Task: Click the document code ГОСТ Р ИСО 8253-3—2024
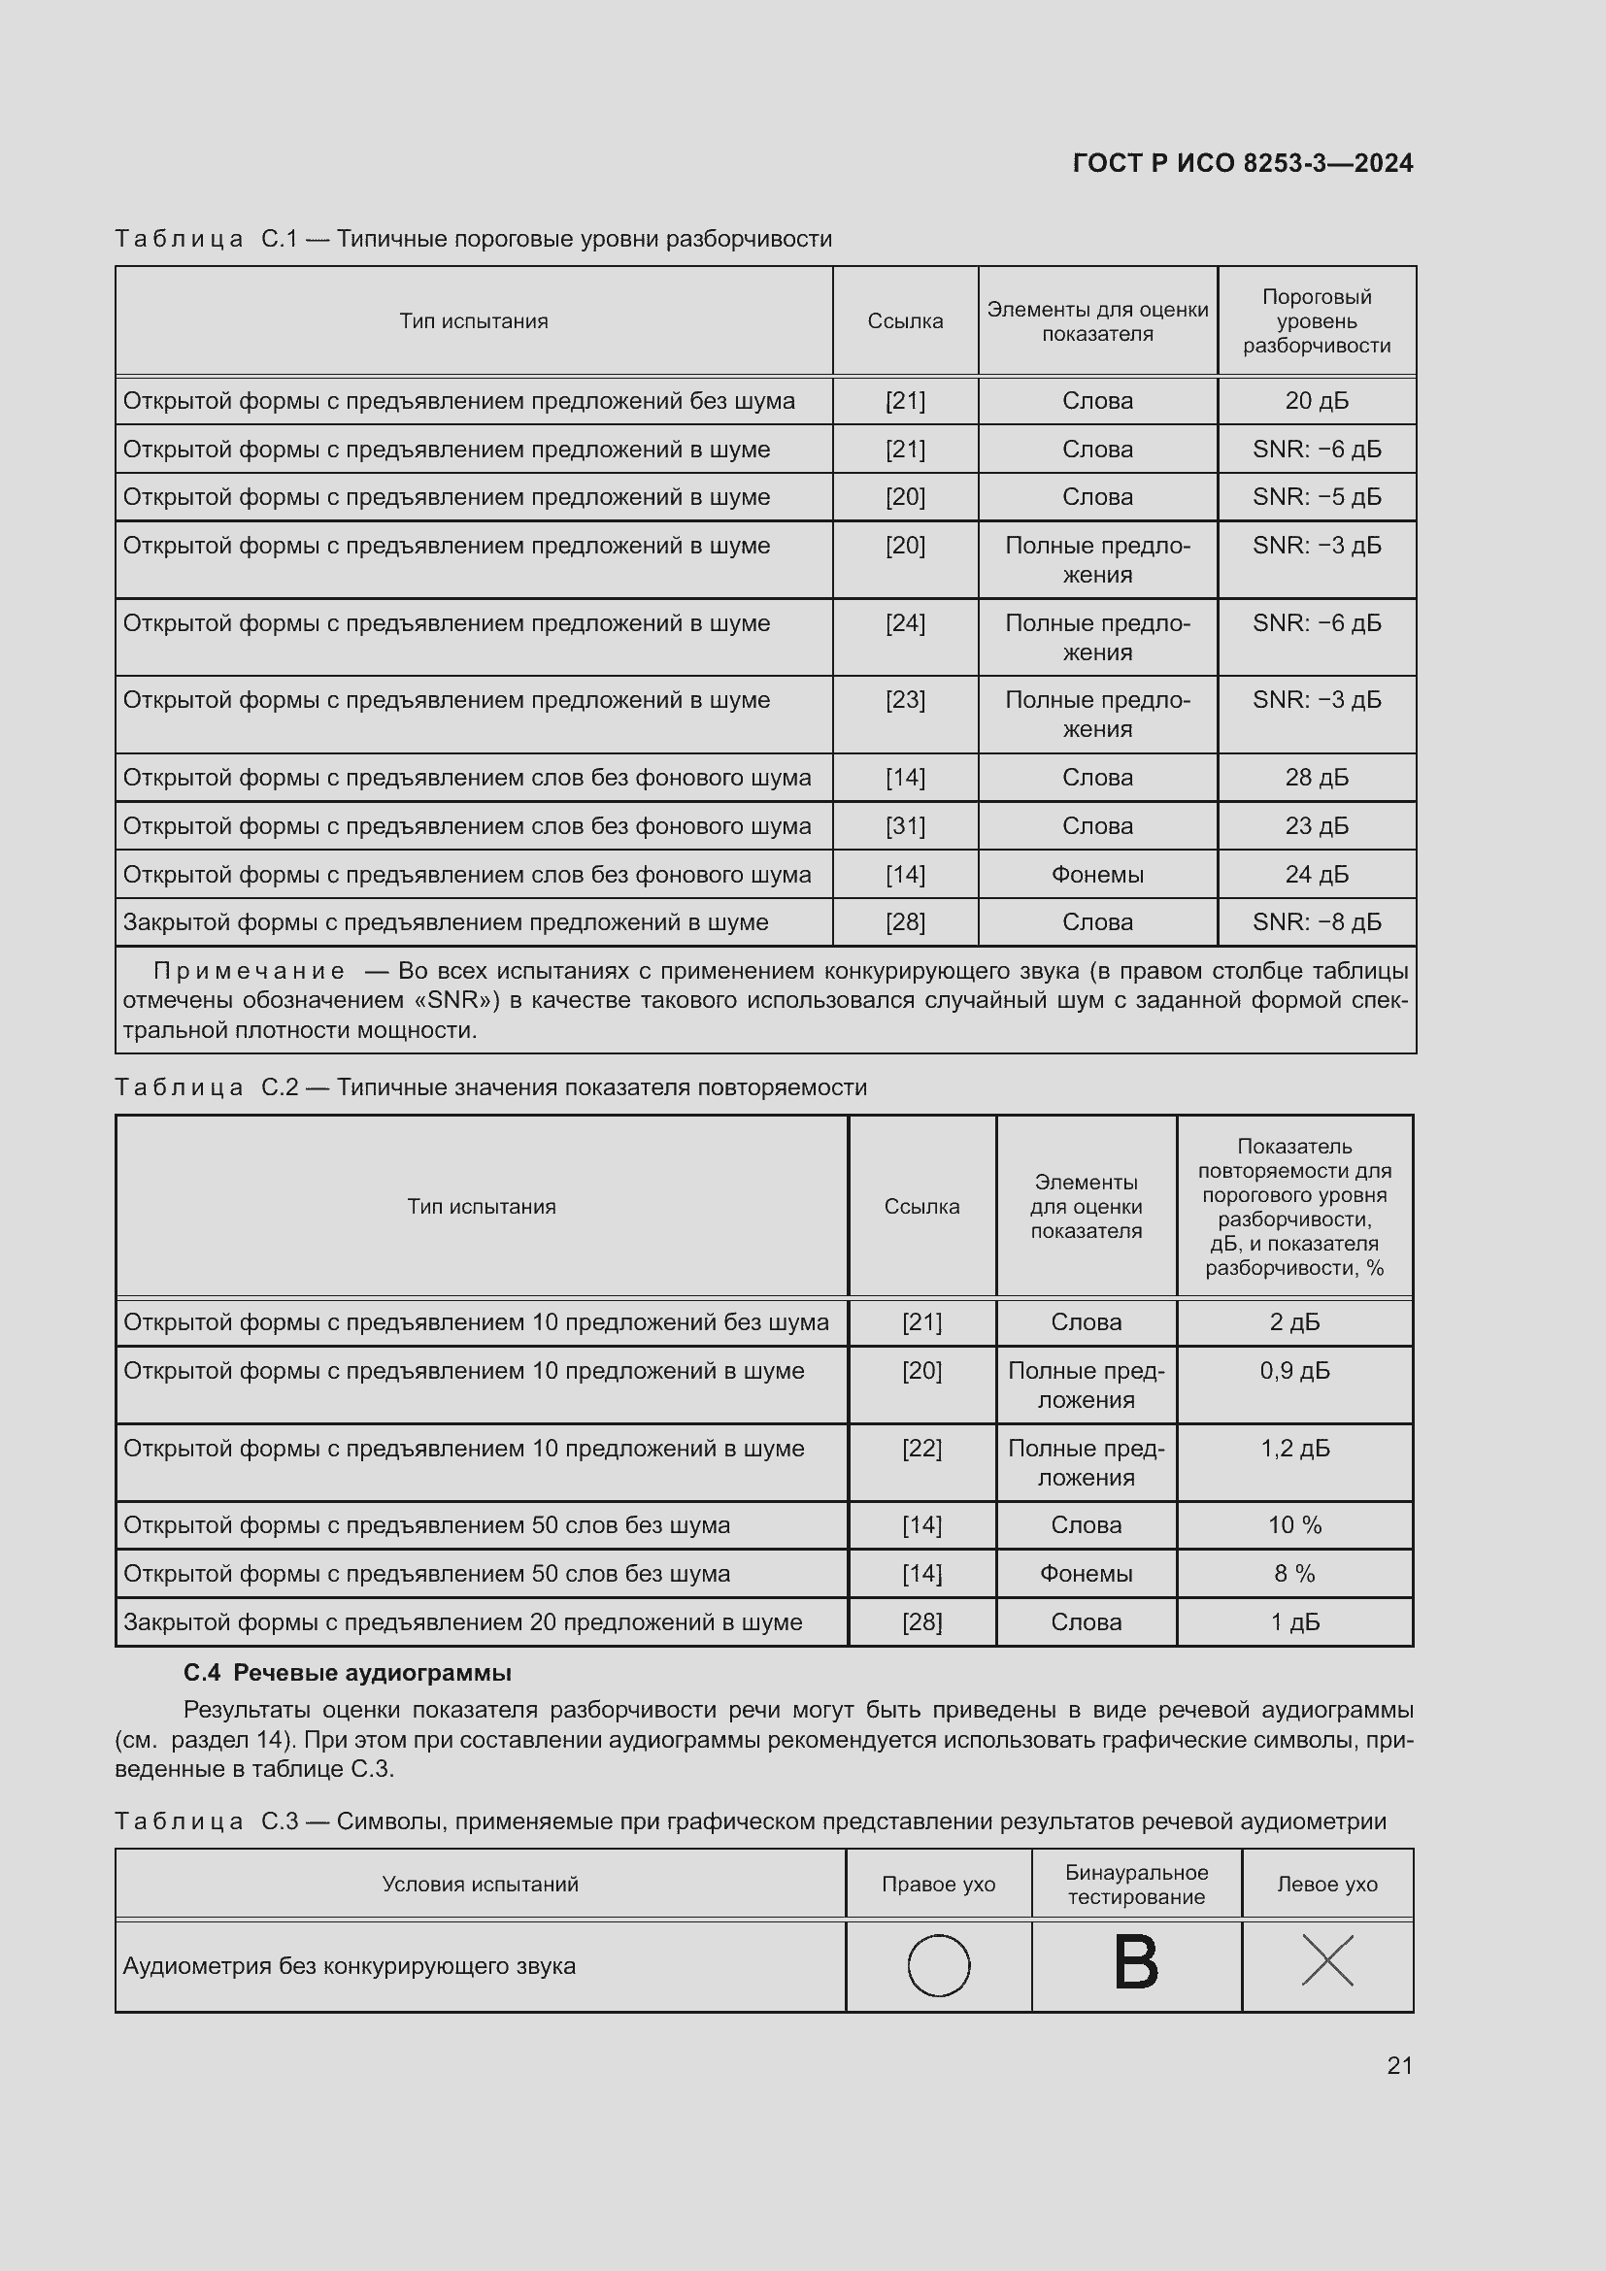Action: click(x=1242, y=163)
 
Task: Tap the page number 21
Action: click(x=1399, y=2065)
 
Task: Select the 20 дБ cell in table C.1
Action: click(x=1317, y=401)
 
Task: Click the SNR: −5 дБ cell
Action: click(x=1317, y=496)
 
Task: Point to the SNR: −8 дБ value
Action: click(x=1317, y=921)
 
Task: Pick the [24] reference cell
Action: click(x=905, y=623)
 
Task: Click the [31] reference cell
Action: click(x=905, y=826)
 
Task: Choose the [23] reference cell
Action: click(x=905, y=700)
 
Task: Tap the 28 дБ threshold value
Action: click(x=1317, y=778)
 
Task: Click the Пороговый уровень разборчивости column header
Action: click(x=1317, y=320)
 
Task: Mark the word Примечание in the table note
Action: click(x=250, y=971)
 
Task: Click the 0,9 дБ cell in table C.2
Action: click(x=1294, y=1371)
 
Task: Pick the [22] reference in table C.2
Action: click(x=921, y=1448)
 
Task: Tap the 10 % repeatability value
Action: click(x=1294, y=1525)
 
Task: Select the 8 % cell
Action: click(x=1294, y=1574)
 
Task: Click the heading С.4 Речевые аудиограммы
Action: click(x=347, y=1673)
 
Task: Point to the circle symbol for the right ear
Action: click(x=939, y=1965)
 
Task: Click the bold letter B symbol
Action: click(x=1135, y=1963)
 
